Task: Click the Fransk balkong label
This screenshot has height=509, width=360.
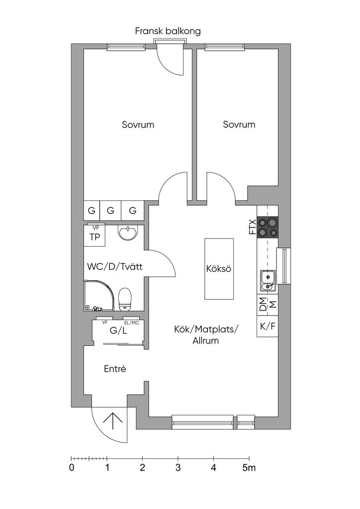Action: [x=168, y=31]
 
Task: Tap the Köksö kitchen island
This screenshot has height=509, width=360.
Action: [x=220, y=268]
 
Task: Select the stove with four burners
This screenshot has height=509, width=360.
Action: [x=268, y=228]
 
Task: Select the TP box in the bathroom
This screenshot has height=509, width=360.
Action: [x=94, y=237]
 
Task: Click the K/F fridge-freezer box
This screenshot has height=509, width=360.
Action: [x=267, y=327]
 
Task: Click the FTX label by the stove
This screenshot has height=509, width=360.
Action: [x=253, y=227]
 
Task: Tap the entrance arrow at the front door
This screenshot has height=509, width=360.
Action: [x=113, y=421]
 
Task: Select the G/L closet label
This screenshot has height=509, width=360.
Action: [x=118, y=331]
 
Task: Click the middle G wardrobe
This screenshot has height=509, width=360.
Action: [x=110, y=211]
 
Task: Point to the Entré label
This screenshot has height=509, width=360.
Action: [x=115, y=369]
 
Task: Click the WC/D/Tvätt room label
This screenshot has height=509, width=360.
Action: [x=115, y=267]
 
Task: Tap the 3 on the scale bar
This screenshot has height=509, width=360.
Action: [x=178, y=467]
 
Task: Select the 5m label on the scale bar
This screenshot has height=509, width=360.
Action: [x=249, y=467]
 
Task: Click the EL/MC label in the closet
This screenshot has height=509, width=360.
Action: [x=131, y=323]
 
